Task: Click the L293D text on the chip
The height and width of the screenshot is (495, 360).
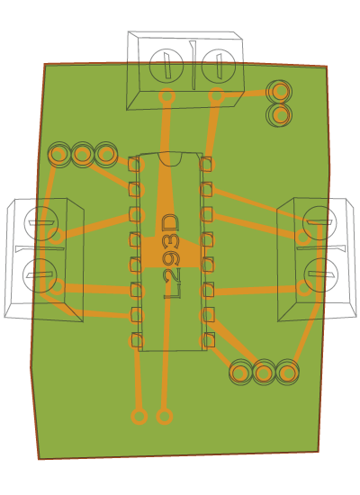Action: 172,256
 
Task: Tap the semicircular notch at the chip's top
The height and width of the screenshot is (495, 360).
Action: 170,159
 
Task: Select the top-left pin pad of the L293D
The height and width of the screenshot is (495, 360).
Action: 134,164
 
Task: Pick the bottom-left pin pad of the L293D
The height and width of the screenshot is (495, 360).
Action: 136,340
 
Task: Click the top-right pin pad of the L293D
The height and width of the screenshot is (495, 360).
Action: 206,164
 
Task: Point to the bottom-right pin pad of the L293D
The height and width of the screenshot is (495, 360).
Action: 209,339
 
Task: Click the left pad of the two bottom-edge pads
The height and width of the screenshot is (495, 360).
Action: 139,417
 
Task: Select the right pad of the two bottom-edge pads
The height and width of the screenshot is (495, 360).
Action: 165,417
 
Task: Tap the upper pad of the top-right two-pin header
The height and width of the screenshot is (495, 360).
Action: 279,92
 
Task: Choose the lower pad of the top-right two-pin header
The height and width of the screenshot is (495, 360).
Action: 279,115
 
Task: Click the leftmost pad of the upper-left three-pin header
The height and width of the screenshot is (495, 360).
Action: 59,155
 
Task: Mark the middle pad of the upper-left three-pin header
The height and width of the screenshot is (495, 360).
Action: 83,155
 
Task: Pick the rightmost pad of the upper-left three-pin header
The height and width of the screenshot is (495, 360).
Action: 106,155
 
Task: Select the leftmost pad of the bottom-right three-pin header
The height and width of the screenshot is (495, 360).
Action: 240,373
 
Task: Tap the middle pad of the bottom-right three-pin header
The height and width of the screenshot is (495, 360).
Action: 264,373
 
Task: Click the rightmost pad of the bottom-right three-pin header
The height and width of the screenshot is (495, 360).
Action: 287,373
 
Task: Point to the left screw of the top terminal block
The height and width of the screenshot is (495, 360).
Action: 166,66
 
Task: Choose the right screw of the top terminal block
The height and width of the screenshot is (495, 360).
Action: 218,66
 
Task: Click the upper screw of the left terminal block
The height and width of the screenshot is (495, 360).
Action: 41,223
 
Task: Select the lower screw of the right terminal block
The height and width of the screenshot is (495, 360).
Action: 321,275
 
